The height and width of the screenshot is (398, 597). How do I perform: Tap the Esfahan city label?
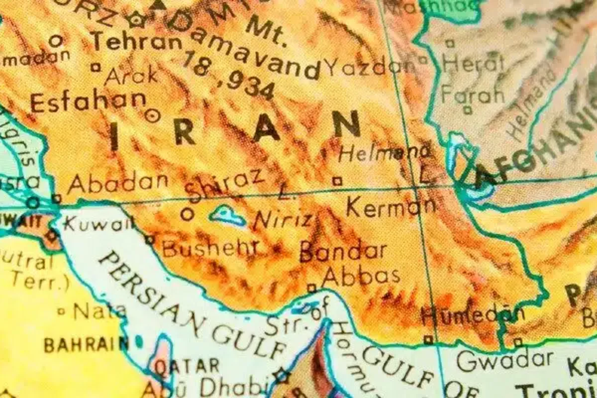88,102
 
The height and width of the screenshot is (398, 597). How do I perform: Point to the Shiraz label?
224,186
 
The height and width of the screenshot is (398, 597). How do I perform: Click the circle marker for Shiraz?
187,214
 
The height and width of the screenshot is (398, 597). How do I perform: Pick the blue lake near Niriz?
227,216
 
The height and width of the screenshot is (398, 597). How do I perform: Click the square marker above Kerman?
338,181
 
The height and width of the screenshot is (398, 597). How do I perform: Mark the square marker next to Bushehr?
149,240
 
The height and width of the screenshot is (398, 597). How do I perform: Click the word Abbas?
361,275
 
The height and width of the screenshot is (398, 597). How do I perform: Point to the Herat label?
473,64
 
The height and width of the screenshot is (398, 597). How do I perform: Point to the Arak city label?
131,76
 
